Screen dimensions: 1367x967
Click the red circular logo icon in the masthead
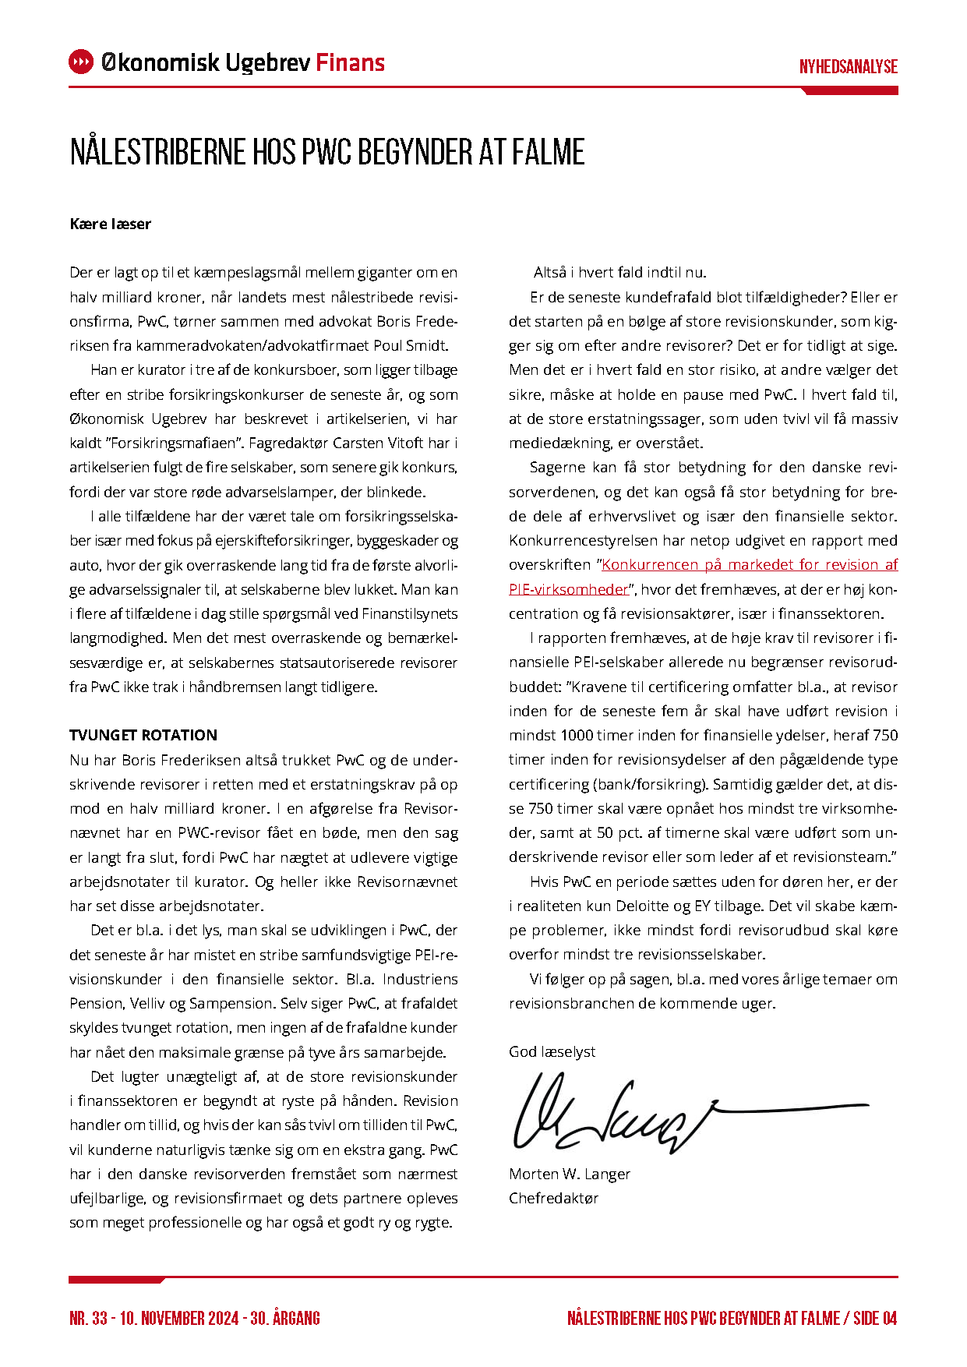tap(81, 62)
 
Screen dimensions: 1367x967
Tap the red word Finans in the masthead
tap(350, 62)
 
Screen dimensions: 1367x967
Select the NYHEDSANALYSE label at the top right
tap(848, 67)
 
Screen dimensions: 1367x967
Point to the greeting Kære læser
tap(110, 224)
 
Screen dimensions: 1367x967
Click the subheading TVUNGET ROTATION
tap(143, 735)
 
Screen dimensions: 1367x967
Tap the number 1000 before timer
tap(577, 735)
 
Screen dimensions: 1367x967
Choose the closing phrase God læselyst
tap(552, 1051)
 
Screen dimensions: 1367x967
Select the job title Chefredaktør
tap(553, 1198)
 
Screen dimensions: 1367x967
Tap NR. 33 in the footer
tap(89, 1318)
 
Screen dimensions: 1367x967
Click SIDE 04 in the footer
tap(875, 1318)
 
